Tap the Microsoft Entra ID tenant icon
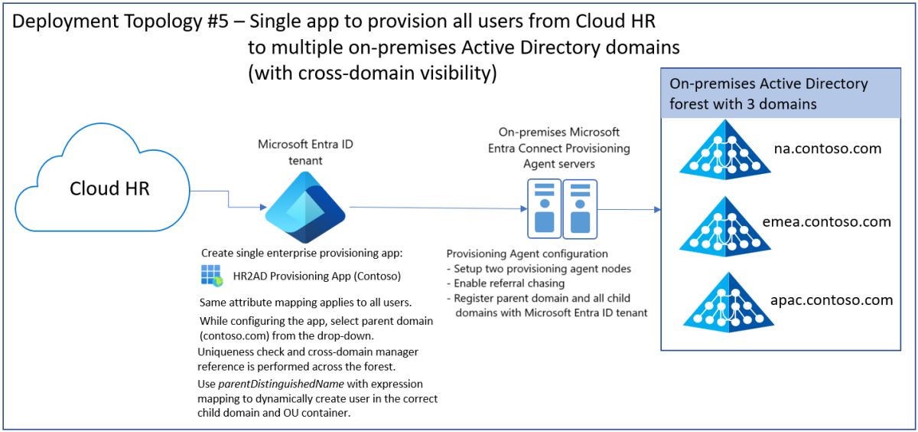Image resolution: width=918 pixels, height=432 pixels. point(304,208)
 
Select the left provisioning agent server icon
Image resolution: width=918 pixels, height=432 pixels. point(544,208)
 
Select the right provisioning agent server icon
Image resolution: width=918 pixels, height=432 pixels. point(580,208)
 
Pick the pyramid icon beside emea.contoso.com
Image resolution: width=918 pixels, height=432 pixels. point(724,224)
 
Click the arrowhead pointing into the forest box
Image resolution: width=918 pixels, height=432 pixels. point(656,208)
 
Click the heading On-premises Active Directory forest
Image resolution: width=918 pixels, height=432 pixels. point(769,93)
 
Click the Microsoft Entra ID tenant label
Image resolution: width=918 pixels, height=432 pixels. point(306,151)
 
